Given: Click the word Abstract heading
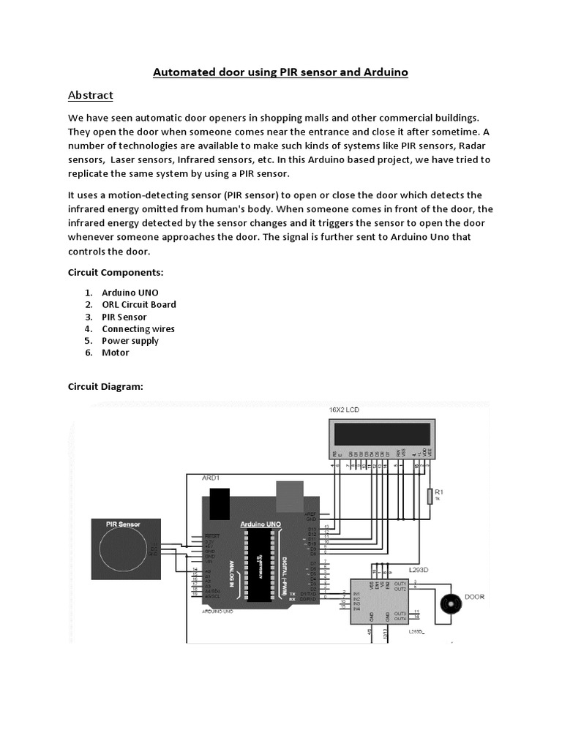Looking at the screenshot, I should [90, 95].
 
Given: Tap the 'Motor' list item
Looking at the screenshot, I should [115, 353].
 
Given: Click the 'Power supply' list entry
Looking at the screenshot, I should [130, 341].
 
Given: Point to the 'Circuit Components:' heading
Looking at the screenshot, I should [115, 272].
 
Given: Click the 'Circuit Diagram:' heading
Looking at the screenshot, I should [105, 386].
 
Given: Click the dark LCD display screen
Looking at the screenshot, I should [383, 434].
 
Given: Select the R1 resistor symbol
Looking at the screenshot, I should [429, 497].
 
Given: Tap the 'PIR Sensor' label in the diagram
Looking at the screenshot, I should [123, 524].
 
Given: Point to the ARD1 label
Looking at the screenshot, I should [210, 477].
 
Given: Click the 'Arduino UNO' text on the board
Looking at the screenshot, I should [261, 524].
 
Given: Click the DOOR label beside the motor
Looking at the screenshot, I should [474, 597].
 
